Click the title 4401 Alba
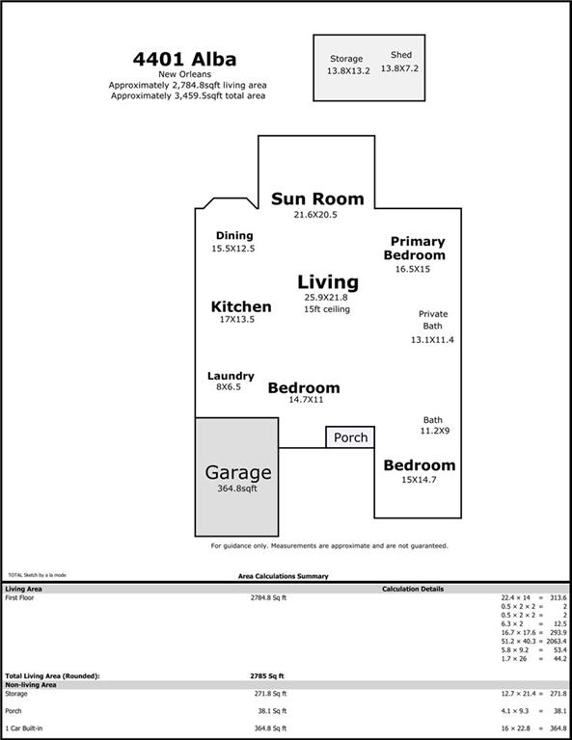[184, 60]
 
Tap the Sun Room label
[317, 198]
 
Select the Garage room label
[238, 472]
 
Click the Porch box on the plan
[350, 437]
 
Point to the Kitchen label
[241, 306]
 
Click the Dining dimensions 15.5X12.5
[232, 249]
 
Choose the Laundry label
[231, 376]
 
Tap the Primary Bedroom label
[415, 249]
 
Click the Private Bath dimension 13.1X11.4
[432, 340]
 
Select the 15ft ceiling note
[327, 309]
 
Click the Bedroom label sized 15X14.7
[420, 464]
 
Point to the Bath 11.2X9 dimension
[435, 431]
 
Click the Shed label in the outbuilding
[401, 55]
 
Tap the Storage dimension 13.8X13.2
[348, 70]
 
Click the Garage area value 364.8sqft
[237, 489]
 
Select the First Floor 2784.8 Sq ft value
[268, 598]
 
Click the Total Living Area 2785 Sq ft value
[267, 675]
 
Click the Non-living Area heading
[31, 685]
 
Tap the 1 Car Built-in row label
[23, 728]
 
